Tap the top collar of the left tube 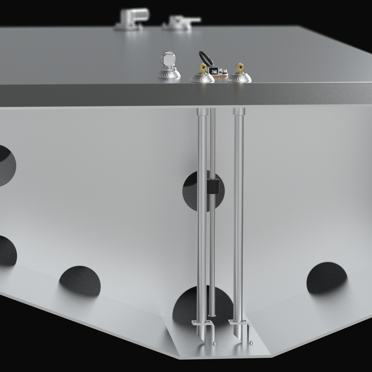click(203, 112)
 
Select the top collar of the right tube click(238, 112)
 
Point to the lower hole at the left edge click(7, 251)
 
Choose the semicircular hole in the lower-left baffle click(80, 281)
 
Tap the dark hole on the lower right click(327, 277)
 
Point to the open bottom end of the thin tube click(212, 315)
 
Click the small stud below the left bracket click(214, 342)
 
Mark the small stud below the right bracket click(251, 342)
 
